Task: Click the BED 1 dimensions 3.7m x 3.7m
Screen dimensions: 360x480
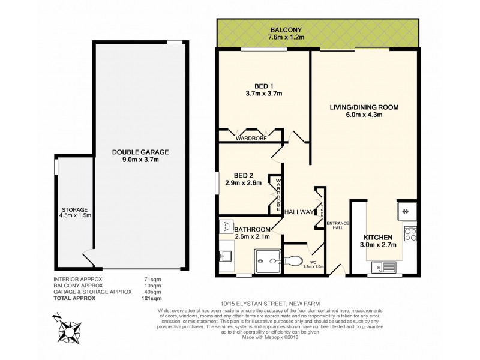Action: pos(259,94)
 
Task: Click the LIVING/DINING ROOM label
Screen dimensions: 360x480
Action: pos(364,107)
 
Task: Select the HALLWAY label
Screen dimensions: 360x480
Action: pos(298,212)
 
